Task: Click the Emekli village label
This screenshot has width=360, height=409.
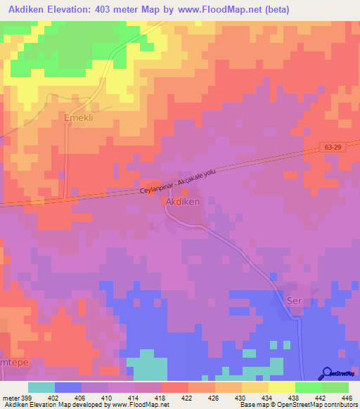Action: click(79, 118)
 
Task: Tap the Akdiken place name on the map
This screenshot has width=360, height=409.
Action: click(182, 201)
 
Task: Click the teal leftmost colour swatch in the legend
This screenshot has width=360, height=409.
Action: click(41, 387)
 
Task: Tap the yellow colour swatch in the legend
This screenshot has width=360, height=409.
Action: click(282, 387)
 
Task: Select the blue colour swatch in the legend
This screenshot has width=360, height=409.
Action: click(68, 387)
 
